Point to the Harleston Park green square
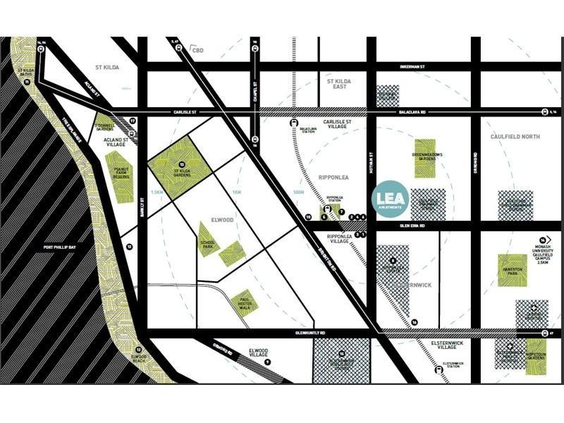[513, 270]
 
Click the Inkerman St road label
[414, 66]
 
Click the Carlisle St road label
[187, 112]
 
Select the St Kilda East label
[338, 84]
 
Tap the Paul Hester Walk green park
[245, 301]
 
